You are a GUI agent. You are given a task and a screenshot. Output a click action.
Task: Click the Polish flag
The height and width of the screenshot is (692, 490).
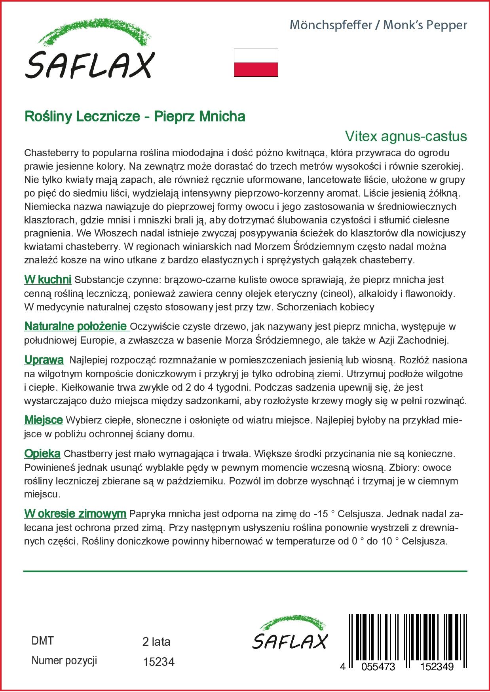click(x=256, y=62)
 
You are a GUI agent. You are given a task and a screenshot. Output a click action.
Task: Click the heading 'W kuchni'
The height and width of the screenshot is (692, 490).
click(x=47, y=280)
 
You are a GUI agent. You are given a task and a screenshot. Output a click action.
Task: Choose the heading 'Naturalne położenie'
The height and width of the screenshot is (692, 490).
click(x=76, y=327)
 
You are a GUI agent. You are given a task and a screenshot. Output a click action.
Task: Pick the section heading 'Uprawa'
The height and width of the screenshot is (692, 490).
click(x=44, y=360)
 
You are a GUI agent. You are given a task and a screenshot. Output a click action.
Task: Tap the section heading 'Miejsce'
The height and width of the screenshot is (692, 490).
click(x=44, y=420)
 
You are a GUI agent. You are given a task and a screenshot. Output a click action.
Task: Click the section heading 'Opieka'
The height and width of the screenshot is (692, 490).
click(x=42, y=454)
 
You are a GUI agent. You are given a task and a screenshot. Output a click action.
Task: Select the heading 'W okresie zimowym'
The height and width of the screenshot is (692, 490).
click(x=75, y=514)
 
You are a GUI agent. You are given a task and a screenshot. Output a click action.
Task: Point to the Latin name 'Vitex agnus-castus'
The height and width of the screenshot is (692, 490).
click(x=406, y=136)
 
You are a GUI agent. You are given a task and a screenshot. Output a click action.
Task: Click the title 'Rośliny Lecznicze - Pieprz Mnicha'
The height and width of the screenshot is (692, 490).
click(x=135, y=116)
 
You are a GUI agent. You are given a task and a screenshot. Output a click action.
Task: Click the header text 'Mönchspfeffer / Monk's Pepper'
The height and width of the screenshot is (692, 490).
click(x=378, y=25)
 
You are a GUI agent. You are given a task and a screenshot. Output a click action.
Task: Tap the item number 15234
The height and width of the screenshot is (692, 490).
click(x=158, y=662)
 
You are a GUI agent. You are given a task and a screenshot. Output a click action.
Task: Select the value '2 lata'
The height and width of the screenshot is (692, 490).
click(x=156, y=642)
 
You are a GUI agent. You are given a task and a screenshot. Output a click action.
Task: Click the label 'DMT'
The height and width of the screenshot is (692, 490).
click(x=42, y=641)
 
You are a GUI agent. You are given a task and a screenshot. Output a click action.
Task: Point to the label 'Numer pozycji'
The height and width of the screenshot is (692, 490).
click(x=64, y=661)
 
